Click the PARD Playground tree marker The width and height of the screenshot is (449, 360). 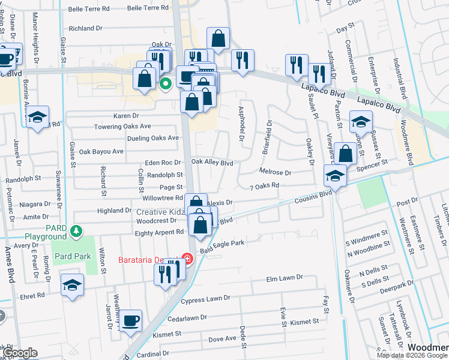click(x=76, y=230)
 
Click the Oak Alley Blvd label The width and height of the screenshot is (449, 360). click(x=211, y=163)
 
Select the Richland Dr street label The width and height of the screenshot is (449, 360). click(x=89, y=28)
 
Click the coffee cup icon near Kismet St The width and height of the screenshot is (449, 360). click(x=130, y=320)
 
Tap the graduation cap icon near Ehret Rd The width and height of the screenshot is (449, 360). click(x=71, y=284)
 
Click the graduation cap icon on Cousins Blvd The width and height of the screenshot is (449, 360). click(x=335, y=176)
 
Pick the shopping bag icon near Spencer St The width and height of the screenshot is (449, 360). click(x=346, y=154)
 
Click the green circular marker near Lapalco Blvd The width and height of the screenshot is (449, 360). click(x=166, y=84)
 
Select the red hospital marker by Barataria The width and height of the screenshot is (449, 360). click(x=187, y=259)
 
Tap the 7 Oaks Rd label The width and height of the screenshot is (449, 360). click(x=265, y=186)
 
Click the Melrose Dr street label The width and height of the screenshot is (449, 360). click(x=275, y=172)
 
